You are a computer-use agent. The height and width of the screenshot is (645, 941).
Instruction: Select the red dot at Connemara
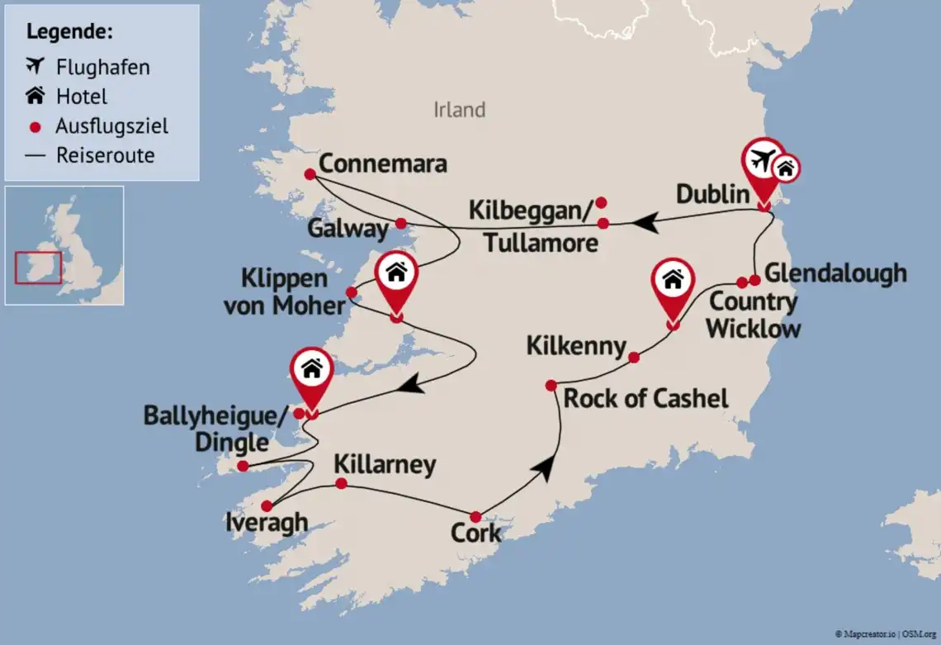tap(310, 174)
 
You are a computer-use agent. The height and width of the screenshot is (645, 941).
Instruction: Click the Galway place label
tap(348, 229)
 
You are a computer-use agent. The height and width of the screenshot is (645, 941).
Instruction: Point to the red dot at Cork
tap(475, 517)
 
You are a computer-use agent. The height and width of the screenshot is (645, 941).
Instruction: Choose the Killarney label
tap(384, 465)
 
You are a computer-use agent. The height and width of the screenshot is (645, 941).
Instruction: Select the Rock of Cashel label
tap(645, 399)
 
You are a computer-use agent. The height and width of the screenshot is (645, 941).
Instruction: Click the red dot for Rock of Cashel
tap(551, 386)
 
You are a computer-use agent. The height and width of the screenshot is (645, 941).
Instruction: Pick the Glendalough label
tap(835, 273)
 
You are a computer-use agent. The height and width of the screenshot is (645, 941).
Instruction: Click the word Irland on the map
tap(459, 110)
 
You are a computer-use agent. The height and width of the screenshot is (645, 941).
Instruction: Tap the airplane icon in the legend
tap(35, 66)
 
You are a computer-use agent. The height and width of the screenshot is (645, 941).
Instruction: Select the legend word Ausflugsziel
tap(111, 126)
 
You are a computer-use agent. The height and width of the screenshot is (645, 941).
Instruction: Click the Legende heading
tap(70, 32)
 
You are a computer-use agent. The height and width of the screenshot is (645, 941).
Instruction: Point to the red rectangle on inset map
tap(38, 268)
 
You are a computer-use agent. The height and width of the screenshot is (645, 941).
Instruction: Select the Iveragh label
tap(266, 523)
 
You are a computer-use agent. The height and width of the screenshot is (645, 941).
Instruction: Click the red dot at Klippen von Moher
tap(352, 292)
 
